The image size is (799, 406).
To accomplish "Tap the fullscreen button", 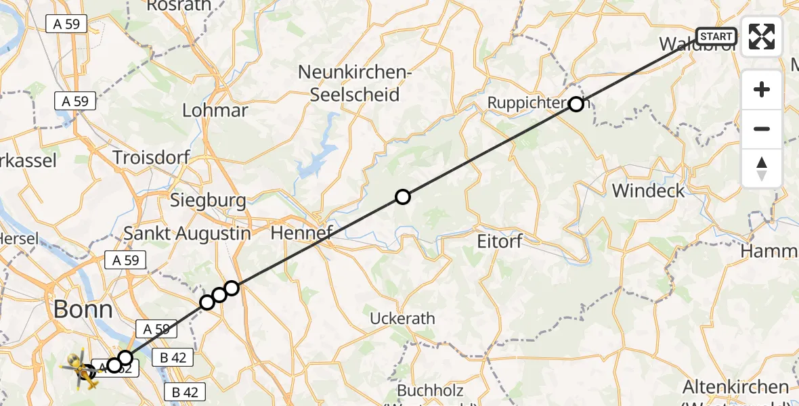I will (762, 37).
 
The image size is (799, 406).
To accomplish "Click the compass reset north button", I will (762, 168).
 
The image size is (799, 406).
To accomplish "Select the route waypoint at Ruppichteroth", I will (576, 104).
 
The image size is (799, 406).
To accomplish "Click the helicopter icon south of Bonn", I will (83, 369).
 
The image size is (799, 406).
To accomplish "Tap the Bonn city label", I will (83, 310).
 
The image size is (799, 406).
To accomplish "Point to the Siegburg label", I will (208, 200).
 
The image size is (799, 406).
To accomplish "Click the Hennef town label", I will (301, 234).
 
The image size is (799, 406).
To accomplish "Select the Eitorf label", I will (499, 240).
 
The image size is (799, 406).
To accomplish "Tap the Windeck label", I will (648, 190).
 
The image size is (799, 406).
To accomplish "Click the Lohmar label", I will (215, 110).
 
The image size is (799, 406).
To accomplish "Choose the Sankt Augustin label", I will (187, 234).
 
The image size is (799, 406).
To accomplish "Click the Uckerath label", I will (402, 318).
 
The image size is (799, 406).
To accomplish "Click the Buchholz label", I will (430, 391).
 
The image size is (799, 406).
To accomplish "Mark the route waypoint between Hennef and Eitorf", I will (403, 197).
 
